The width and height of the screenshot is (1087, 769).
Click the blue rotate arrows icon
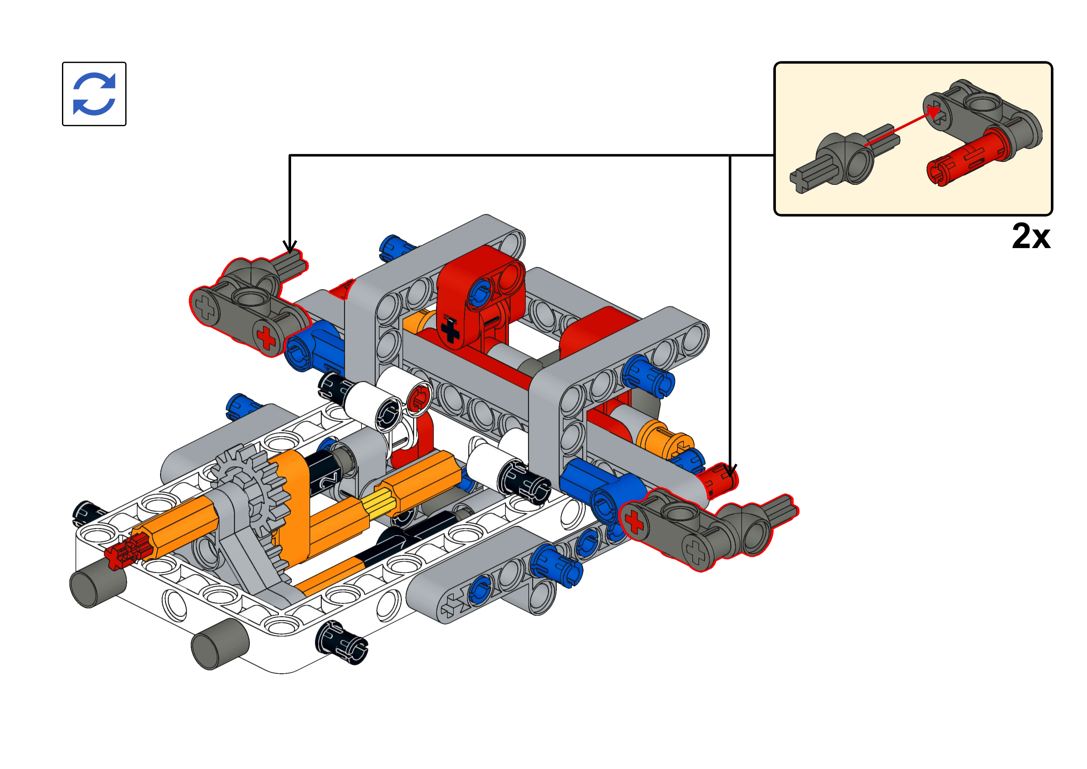click(x=94, y=94)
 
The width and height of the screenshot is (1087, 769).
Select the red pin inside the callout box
click(x=966, y=159)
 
